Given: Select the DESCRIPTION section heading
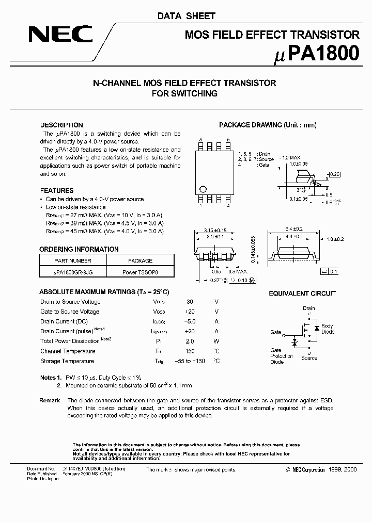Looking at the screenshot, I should pos(61,125).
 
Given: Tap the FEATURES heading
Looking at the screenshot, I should pos(57,190).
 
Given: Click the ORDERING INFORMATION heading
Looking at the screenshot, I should pos(79,249).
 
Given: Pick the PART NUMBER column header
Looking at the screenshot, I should pos(73,261).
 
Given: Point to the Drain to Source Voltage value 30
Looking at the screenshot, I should pos(190,302).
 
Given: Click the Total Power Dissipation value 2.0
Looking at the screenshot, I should pos(190,341).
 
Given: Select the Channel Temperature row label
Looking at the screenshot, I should pos(67,351).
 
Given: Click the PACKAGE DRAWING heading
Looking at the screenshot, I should pos(268,125).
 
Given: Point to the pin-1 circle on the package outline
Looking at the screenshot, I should pos(203,189).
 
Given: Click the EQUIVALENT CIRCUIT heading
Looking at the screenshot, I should pos(302,293).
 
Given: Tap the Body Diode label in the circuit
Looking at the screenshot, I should pos(327,329).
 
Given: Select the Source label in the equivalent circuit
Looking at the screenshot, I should pos(309,357).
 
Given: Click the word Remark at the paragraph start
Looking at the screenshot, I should pos(50,400).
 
